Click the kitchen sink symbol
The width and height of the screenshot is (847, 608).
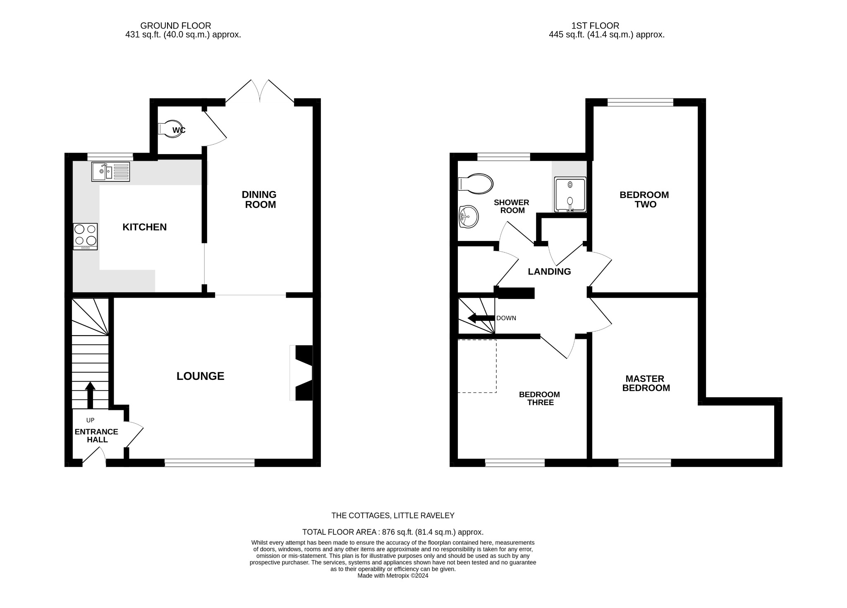[110, 172]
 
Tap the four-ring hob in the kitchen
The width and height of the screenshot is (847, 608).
[85, 236]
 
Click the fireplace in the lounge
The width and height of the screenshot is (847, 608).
[302, 373]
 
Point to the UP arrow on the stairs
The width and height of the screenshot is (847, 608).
[90, 395]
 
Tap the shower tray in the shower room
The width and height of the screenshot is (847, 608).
[570, 195]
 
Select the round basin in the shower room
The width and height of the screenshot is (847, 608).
[469, 217]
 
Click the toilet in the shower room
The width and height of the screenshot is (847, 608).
[476, 184]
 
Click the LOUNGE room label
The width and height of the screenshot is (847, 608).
[200, 376]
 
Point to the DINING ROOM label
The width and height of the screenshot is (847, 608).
[259, 200]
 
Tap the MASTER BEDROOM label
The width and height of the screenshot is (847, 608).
[646, 383]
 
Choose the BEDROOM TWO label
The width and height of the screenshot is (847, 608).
[644, 199]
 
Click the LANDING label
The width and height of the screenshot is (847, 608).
[549, 272]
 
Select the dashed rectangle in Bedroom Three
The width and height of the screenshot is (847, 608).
[477, 366]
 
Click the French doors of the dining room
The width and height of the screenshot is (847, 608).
[260, 92]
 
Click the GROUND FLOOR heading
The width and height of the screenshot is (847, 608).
[175, 26]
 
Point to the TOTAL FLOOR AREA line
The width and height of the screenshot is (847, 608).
[392, 532]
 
